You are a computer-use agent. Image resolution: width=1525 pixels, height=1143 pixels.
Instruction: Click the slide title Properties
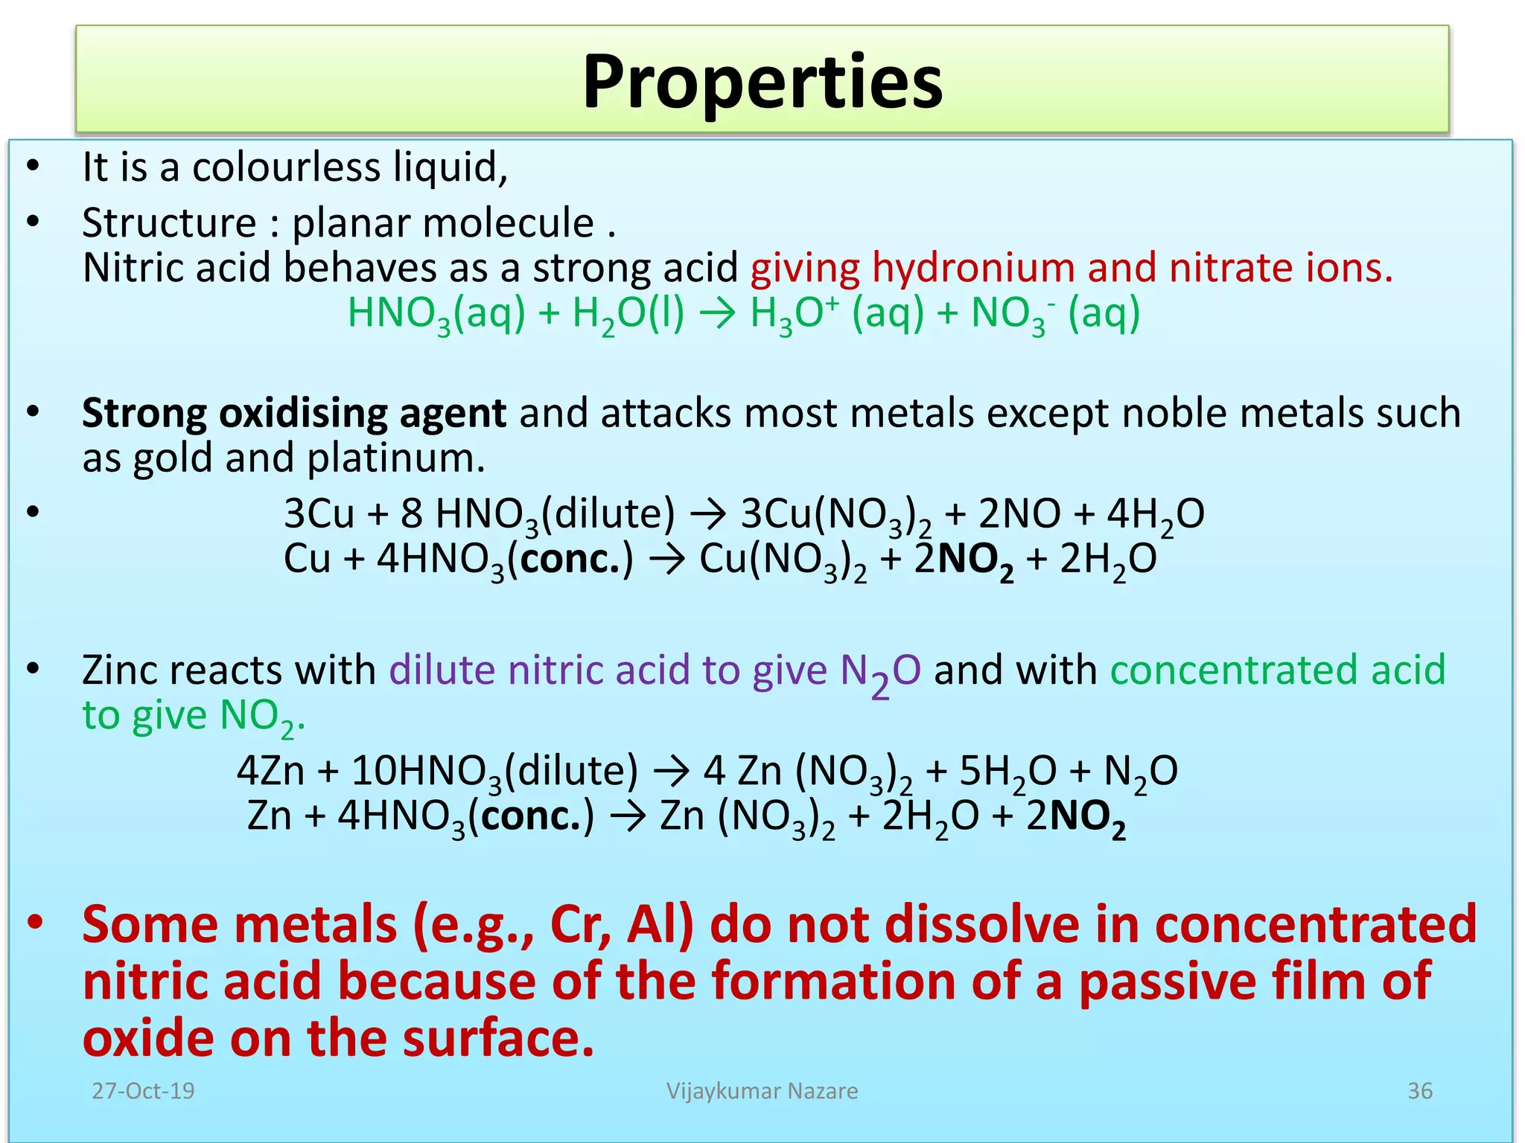click(762, 82)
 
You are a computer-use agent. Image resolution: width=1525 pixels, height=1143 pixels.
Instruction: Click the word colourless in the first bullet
click(286, 167)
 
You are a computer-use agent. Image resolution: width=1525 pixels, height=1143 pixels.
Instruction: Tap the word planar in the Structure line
click(348, 223)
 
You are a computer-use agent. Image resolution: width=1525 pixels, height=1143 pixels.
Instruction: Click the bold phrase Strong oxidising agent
click(293, 413)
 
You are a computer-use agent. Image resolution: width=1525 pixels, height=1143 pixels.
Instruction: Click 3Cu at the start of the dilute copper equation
click(319, 514)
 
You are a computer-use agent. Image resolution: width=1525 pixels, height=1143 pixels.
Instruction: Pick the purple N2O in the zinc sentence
click(880, 672)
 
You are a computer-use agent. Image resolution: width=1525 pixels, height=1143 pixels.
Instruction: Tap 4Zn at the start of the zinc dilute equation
click(270, 771)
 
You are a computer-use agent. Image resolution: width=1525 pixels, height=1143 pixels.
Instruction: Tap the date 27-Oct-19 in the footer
click(143, 1091)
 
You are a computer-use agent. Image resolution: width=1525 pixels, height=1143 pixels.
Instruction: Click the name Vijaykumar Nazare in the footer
click(762, 1091)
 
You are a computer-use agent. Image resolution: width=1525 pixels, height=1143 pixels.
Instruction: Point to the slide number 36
click(1419, 1091)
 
